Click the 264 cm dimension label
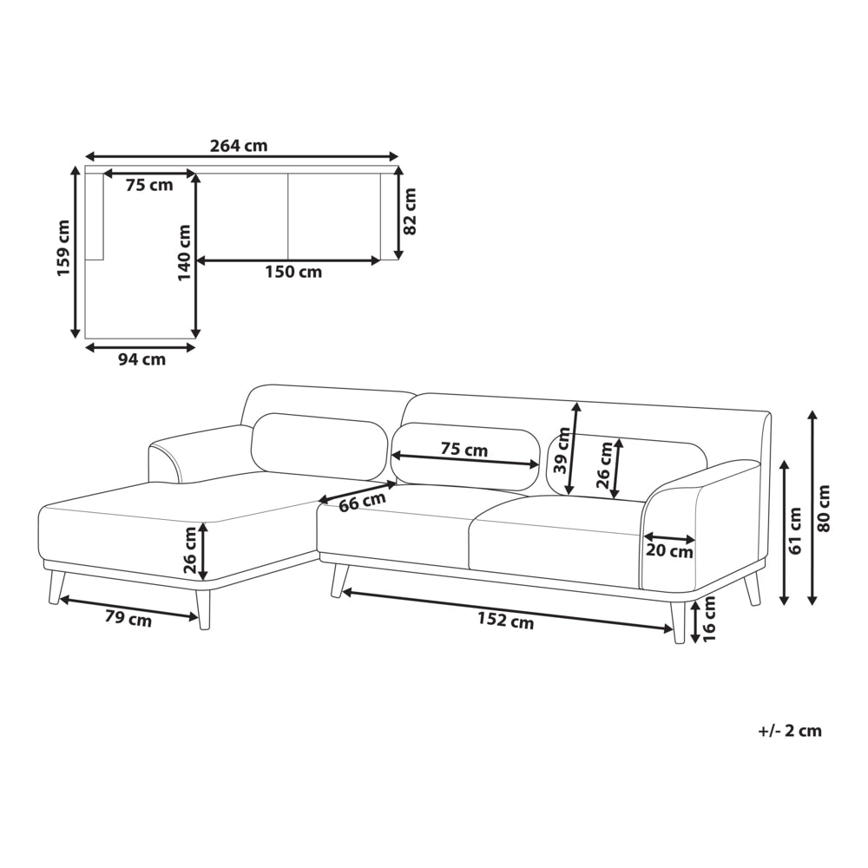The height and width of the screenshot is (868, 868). (x=239, y=146)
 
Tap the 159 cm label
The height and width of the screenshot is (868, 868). (x=64, y=248)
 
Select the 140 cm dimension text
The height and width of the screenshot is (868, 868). (x=184, y=253)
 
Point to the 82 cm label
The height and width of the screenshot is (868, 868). (x=410, y=212)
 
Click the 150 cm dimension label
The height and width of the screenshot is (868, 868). (x=293, y=272)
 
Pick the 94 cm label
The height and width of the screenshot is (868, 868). (x=141, y=360)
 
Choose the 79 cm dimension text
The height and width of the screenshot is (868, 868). (x=128, y=618)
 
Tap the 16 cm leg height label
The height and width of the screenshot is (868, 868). (x=709, y=619)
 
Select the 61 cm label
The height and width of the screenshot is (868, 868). (x=795, y=531)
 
